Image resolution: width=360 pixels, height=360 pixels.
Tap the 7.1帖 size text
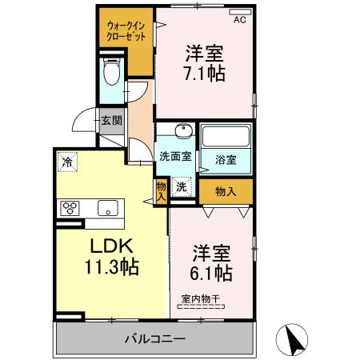[x=205, y=74]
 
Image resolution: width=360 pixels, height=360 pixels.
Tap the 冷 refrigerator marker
[x=68, y=162]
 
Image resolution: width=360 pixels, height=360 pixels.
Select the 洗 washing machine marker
[x=182, y=186]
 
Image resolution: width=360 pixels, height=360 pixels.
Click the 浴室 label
[x=225, y=158]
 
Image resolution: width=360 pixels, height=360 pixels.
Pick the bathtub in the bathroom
[x=226, y=135]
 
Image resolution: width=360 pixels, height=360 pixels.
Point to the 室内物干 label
[x=199, y=300]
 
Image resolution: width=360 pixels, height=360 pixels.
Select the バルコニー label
[x=154, y=338]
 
